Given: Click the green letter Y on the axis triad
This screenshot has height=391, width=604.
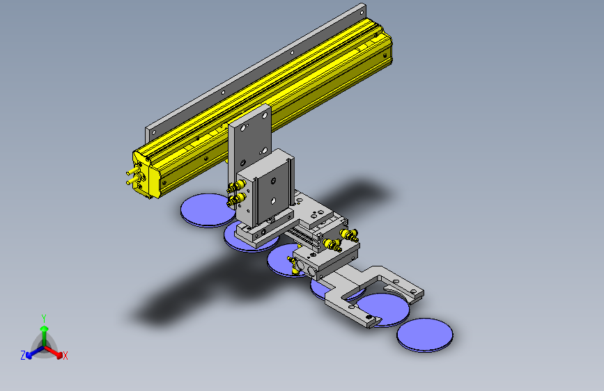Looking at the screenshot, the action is click(x=44, y=319).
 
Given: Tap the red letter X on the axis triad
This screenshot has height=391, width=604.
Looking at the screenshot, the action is click(x=65, y=356).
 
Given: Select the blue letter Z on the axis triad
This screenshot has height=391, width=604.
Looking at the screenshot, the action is click(x=23, y=356).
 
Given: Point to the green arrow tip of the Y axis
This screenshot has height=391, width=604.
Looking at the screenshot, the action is click(x=45, y=328).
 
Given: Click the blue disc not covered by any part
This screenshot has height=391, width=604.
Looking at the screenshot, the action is click(x=425, y=335).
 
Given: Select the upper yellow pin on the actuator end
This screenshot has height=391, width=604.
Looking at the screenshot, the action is click(x=132, y=170).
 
